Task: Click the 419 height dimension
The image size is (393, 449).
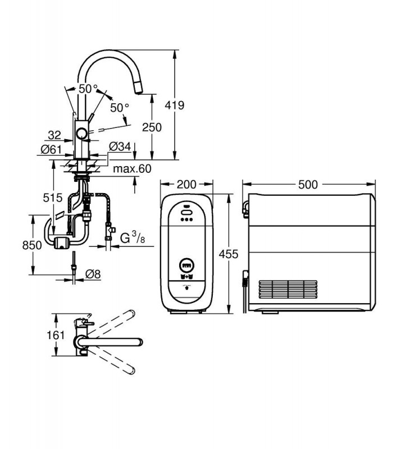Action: click(x=175, y=106)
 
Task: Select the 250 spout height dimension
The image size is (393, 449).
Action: click(x=152, y=127)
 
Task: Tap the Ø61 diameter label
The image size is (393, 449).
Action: click(x=51, y=149)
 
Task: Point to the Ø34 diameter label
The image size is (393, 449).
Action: click(x=120, y=146)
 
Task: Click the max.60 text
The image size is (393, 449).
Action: click(x=132, y=169)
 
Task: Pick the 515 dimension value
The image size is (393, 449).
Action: click(x=53, y=198)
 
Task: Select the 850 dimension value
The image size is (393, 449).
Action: click(x=32, y=245)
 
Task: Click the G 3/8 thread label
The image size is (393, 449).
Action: click(x=132, y=237)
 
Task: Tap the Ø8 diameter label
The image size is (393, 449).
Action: click(x=93, y=274)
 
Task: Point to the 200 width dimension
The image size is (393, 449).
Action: click(x=186, y=185)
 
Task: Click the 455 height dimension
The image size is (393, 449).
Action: click(x=229, y=254)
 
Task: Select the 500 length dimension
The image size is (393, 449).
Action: click(x=308, y=185)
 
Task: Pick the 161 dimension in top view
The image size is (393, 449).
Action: click(x=56, y=335)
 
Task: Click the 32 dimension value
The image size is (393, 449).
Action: click(x=54, y=135)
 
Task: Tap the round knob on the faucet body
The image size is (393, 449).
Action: click(x=82, y=134)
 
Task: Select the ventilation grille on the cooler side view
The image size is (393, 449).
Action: click(x=288, y=290)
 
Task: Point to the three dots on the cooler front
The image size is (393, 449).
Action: click(x=186, y=220)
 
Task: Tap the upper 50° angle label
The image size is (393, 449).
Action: click(x=88, y=89)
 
